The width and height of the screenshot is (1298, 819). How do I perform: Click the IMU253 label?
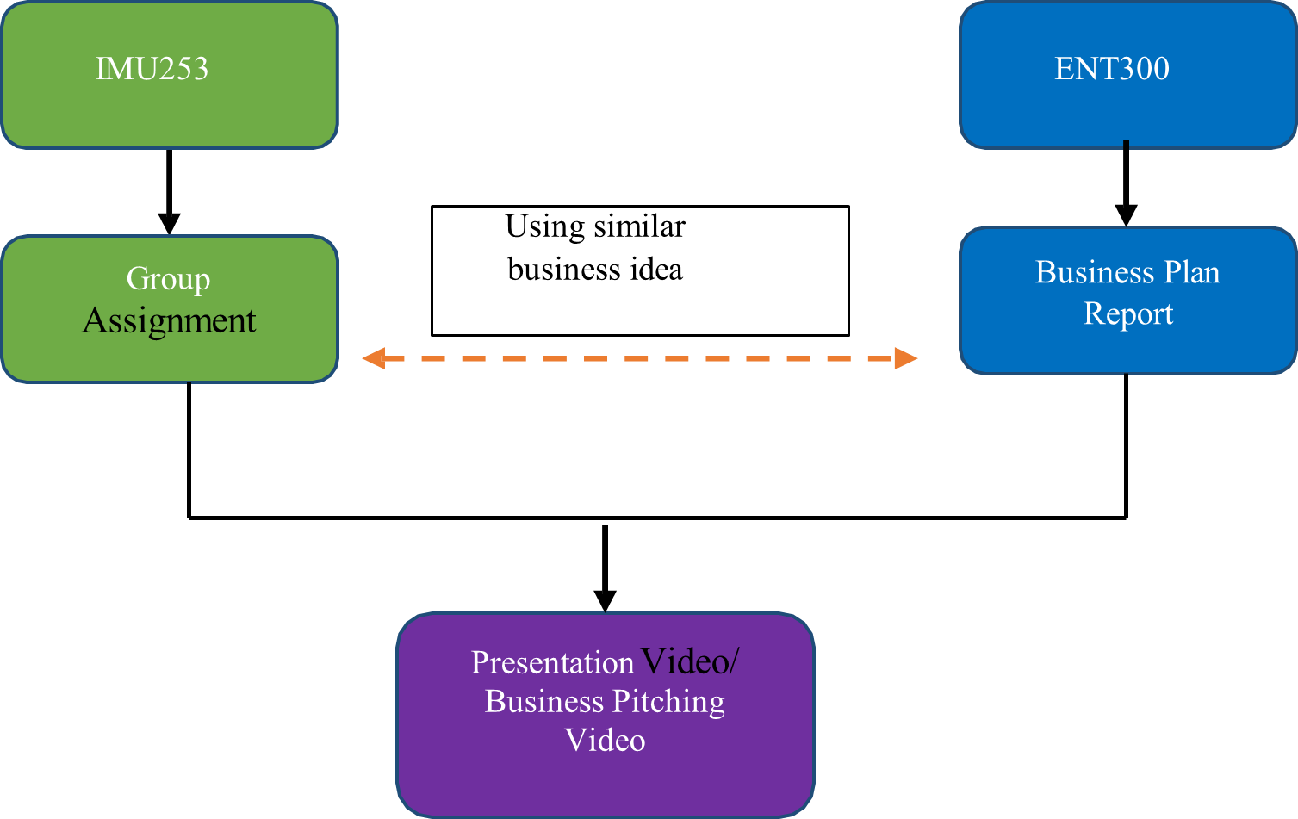pos(152,69)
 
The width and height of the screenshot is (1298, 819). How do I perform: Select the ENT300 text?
pos(1111,69)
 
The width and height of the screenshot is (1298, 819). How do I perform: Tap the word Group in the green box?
pos(168,279)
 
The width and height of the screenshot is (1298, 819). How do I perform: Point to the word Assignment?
pos(169,321)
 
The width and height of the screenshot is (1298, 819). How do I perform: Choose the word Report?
pos(1127,313)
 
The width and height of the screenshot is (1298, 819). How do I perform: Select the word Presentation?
pos(552,662)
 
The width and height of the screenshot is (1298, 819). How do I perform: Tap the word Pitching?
pos(668,702)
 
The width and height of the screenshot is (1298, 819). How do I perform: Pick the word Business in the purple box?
pos(543,702)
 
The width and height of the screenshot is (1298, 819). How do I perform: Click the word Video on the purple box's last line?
pos(605,741)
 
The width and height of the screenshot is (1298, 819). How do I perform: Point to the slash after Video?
pos(734,662)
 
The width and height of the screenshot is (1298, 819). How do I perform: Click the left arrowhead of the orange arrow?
pos(372,358)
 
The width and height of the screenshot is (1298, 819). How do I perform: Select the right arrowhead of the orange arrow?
pos(906,358)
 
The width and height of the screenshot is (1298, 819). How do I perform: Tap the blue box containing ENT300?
pos(1127,112)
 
